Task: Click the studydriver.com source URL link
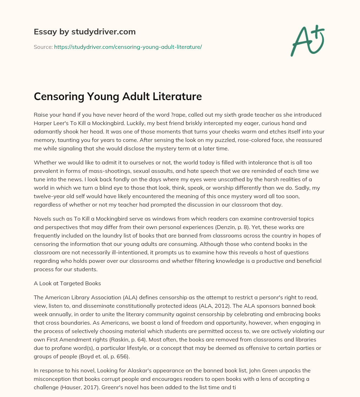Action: click(128, 47)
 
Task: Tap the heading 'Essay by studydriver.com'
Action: click(85, 32)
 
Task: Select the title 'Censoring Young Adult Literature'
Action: click(118, 96)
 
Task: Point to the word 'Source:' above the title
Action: click(43, 47)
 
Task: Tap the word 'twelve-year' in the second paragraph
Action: click(49, 196)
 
